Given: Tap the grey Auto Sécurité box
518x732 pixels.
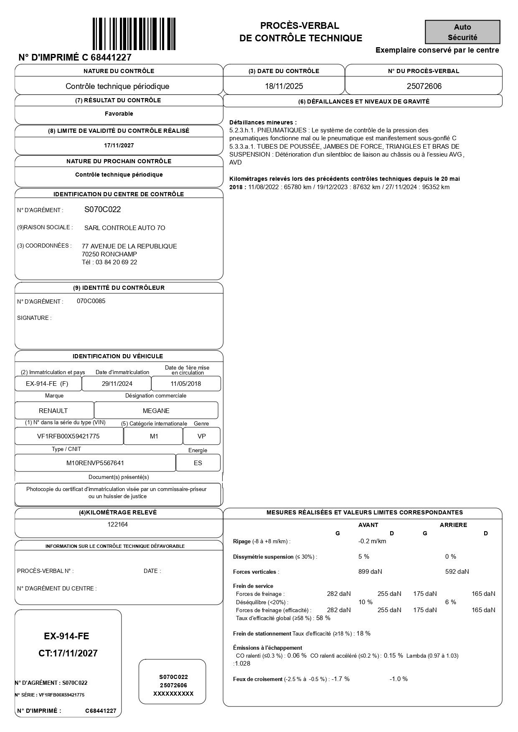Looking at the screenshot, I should point(462,32).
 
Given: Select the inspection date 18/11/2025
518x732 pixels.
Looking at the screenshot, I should point(284,86).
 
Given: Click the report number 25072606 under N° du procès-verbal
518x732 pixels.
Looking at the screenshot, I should point(424,86).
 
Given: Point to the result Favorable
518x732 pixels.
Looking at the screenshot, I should point(119,114).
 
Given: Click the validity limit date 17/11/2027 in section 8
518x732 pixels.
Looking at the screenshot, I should point(119,146).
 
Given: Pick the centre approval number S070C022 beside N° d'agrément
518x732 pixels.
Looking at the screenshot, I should point(102,210).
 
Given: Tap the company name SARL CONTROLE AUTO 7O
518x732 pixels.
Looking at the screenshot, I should point(124,228).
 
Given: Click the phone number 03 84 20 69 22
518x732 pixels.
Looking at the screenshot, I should point(116,262).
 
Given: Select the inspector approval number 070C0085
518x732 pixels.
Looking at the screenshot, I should point(91,301).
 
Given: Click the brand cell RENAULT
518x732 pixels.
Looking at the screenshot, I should point(53,411).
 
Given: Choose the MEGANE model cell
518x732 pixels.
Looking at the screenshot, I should point(156,411).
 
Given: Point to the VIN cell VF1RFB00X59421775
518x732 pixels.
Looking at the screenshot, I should point(69,436).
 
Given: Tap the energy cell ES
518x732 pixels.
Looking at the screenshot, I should point(198,463).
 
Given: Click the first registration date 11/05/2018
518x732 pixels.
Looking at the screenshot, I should point(185,384).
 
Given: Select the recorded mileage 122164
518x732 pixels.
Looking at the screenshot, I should point(118,524).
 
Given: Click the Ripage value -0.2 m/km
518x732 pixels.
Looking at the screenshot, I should point(372,541).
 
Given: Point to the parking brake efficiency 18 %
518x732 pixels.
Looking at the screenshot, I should point(363,633).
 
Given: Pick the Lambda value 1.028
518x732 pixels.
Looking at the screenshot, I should point(243,664).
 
